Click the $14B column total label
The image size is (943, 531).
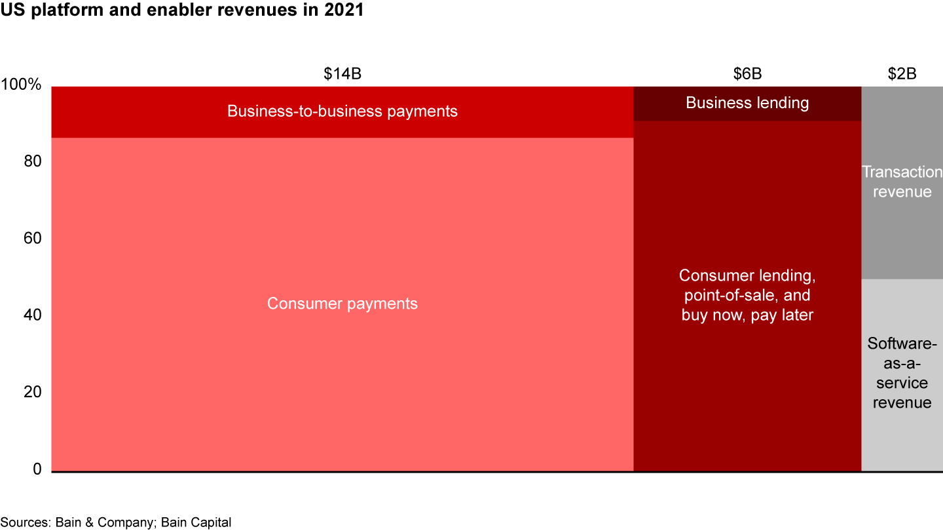[342, 74]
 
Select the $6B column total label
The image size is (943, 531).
[747, 74]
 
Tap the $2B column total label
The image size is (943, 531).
[902, 74]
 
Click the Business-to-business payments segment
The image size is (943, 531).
[342, 111]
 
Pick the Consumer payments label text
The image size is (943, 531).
[342, 304]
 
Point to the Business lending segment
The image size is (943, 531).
[747, 103]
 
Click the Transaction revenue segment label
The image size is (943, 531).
[902, 182]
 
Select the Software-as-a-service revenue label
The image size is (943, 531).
[902, 372]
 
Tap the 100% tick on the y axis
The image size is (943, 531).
[21, 85]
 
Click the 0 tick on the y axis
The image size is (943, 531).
[37, 469]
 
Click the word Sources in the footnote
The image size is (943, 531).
[25, 522]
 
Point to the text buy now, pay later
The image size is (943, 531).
[747, 315]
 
